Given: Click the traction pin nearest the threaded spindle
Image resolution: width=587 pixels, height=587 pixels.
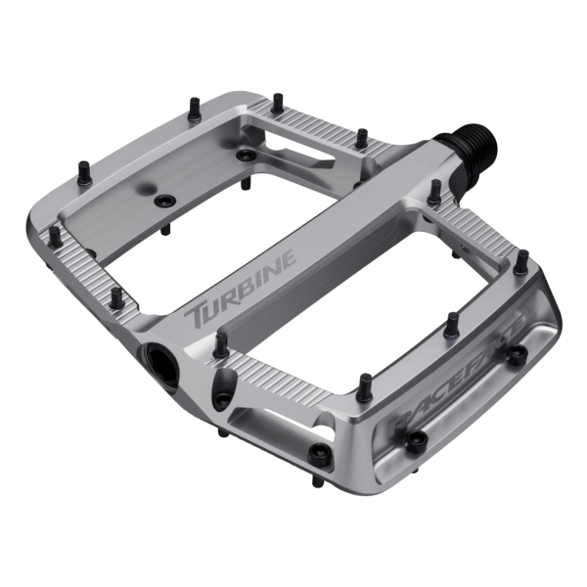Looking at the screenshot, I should [434, 191].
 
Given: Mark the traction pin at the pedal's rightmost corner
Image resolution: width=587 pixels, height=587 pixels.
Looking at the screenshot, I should [522, 261].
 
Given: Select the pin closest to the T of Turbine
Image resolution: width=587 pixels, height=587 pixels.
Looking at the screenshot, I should [221, 342].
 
